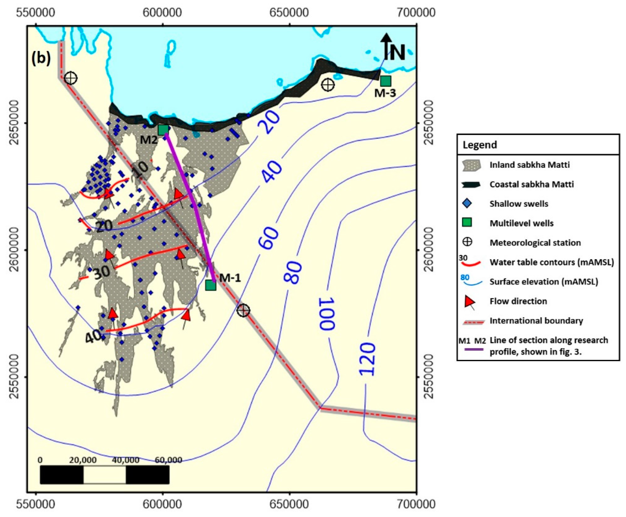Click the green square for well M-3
385,81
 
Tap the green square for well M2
163,130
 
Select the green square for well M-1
211,285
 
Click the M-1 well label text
230,278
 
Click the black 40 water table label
93,337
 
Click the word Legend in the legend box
480,145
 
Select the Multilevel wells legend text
521,223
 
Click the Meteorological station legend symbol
468,242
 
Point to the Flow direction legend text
518,301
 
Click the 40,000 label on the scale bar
126,460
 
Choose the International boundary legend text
536,320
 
